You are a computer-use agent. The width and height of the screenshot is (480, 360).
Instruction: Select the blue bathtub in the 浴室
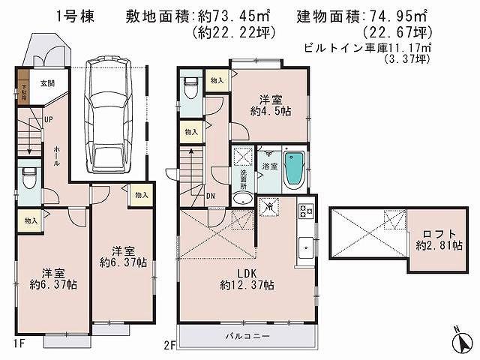pos(295,170)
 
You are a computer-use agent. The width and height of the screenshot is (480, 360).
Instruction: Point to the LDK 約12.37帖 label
pos(247,278)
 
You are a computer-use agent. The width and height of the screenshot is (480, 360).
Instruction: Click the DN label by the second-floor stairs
pos(211,196)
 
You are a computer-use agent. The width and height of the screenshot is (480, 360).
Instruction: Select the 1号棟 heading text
pos(73,14)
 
